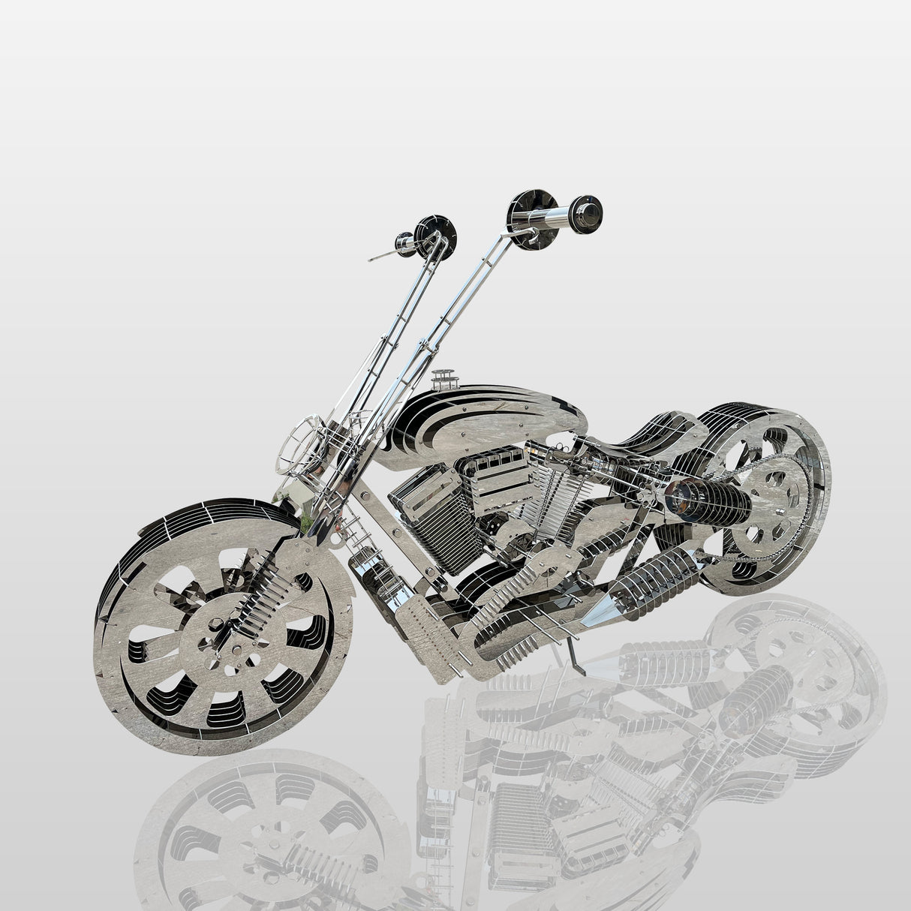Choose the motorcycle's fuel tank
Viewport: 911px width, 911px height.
pyautogui.click(x=480, y=424)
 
